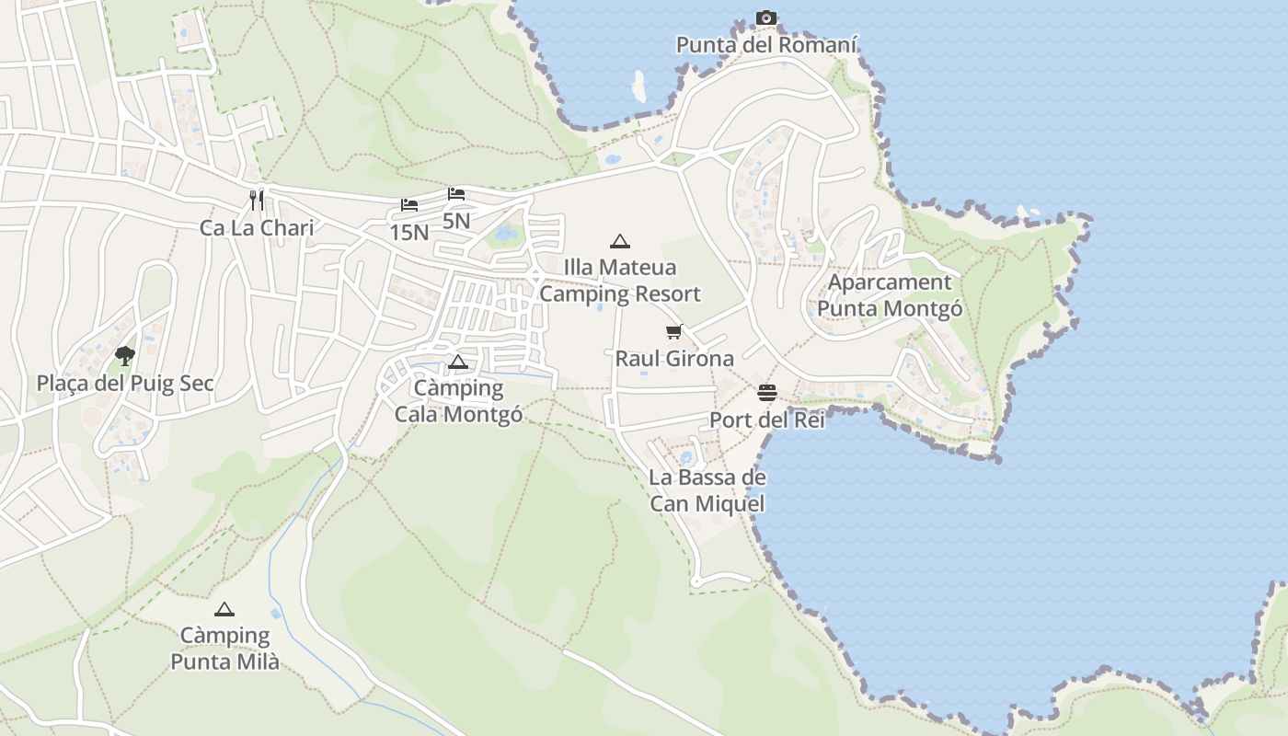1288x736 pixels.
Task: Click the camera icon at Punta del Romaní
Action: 765,18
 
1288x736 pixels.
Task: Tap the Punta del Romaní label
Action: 766,45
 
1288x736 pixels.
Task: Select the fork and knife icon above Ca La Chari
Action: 257,200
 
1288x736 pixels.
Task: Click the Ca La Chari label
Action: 257,228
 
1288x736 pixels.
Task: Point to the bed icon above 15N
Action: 409,204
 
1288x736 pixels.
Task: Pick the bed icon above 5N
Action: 456,194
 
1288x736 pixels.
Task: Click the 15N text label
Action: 409,233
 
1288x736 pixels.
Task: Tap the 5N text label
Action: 456,221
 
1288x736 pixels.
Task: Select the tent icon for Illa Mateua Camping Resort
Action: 620,242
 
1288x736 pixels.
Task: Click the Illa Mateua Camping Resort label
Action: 620,281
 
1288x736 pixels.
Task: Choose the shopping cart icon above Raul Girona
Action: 674,331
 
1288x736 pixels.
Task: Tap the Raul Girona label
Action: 674,359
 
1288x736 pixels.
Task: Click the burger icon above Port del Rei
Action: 767,394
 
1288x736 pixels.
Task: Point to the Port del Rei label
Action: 767,420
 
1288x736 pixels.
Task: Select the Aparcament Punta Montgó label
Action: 890,295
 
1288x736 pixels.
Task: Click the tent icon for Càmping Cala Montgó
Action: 458,362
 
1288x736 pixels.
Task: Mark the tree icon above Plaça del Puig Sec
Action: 125,355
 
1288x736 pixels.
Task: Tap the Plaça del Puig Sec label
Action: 125,384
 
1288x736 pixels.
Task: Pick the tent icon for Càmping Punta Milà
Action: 224,609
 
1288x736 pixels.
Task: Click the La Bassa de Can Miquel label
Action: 707,490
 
